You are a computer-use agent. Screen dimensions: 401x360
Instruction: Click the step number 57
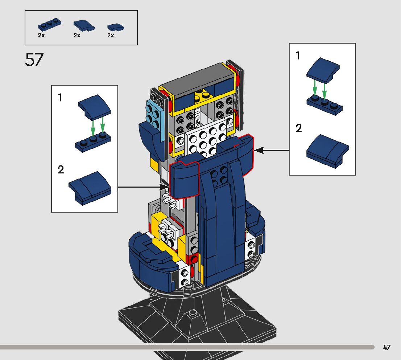coord(34,60)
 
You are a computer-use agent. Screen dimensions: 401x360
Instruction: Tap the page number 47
coord(386,347)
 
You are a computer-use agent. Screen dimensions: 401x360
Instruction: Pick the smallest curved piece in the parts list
coord(116,27)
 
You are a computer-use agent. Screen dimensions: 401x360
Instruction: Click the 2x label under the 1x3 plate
coord(41,35)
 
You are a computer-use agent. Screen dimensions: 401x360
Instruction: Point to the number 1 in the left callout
coord(60,98)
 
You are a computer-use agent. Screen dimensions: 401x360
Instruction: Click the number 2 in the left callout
coord(61,169)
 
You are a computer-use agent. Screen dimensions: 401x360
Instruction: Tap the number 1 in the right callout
coord(298,56)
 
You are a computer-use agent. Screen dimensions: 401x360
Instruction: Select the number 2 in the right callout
coord(298,128)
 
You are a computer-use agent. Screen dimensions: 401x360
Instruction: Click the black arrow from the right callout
coord(272,150)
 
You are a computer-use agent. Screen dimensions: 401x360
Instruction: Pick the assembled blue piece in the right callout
coord(327,151)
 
